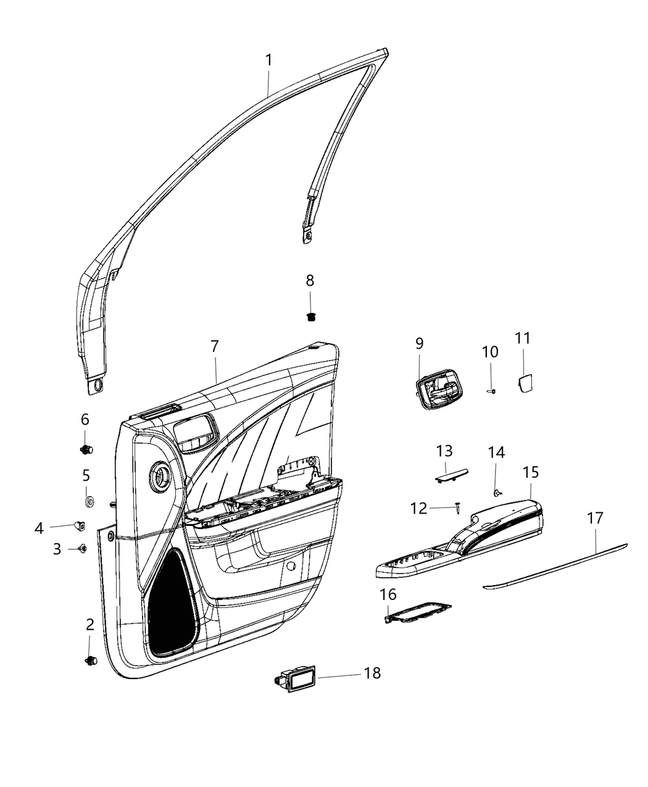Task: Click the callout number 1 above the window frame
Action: pyautogui.click(x=268, y=60)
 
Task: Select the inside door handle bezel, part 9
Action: pyautogui.click(x=438, y=394)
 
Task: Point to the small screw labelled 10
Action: pyautogui.click(x=492, y=391)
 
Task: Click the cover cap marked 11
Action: pyautogui.click(x=525, y=383)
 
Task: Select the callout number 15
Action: pyautogui.click(x=530, y=473)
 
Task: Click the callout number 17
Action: pyautogui.click(x=594, y=518)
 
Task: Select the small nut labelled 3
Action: pyautogui.click(x=81, y=548)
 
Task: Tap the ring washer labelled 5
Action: pyautogui.click(x=89, y=499)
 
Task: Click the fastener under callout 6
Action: pyautogui.click(x=86, y=449)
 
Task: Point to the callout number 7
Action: pyautogui.click(x=214, y=347)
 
